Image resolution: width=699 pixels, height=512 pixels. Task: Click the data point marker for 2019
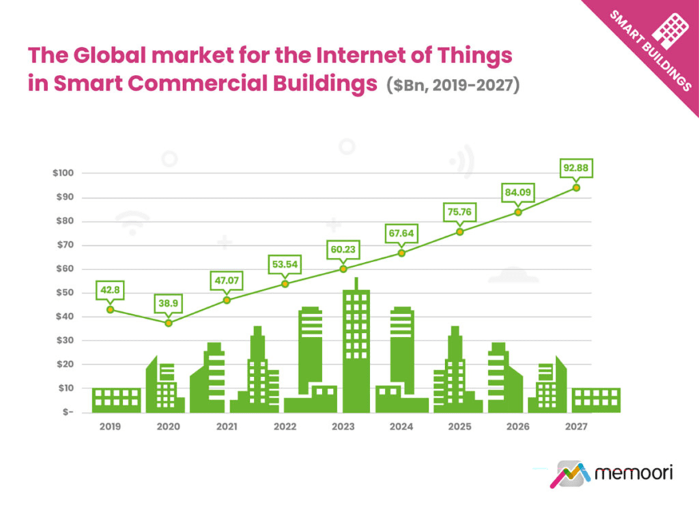click(x=110, y=310)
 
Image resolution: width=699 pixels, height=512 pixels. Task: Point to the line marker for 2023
click(x=343, y=269)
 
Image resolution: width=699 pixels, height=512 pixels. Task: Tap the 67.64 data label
click(x=401, y=233)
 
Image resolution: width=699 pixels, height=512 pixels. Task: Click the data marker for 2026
click(x=518, y=212)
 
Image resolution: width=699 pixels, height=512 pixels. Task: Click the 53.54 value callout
click(x=285, y=264)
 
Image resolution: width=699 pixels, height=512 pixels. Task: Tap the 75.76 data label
click(x=459, y=211)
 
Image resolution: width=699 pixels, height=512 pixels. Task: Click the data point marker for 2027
click(x=576, y=187)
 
